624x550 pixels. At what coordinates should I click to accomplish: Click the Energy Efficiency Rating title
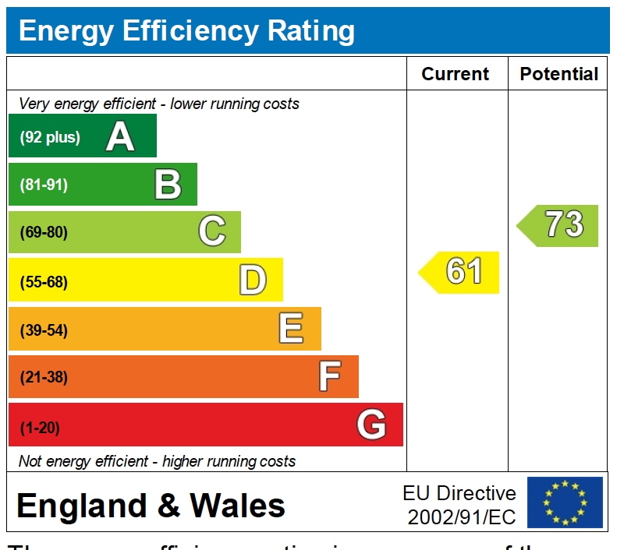coord(186,31)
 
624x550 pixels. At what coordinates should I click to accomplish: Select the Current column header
coord(456,74)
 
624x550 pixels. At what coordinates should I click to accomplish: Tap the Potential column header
coord(558,74)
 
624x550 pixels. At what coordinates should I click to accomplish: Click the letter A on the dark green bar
coord(120,137)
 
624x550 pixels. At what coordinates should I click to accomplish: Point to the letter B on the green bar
coord(168,185)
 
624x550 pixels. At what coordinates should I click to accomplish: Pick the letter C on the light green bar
coord(211,232)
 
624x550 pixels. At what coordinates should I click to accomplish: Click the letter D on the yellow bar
coord(252,280)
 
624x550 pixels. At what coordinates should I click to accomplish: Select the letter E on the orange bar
coord(291,329)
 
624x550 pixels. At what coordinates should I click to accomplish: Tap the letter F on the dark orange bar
coord(329,377)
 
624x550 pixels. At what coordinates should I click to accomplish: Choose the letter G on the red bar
coord(371,425)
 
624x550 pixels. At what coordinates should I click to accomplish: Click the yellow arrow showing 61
coord(460,272)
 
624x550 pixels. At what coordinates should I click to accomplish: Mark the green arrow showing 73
coord(559,225)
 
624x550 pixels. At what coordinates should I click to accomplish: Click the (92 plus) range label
coord(50,138)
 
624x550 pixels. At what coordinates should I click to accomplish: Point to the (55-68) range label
coord(44,282)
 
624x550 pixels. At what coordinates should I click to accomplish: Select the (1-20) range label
coord(40,428)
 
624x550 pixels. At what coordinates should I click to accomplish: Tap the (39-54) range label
coord(44,330)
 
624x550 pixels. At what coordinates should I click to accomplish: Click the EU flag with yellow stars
coord(565,502)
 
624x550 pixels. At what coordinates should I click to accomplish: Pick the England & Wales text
coord(151,506)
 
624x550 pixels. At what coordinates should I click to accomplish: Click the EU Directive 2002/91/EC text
coord(459,504)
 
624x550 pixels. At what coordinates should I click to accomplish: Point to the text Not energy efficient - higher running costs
coord(157,461)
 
